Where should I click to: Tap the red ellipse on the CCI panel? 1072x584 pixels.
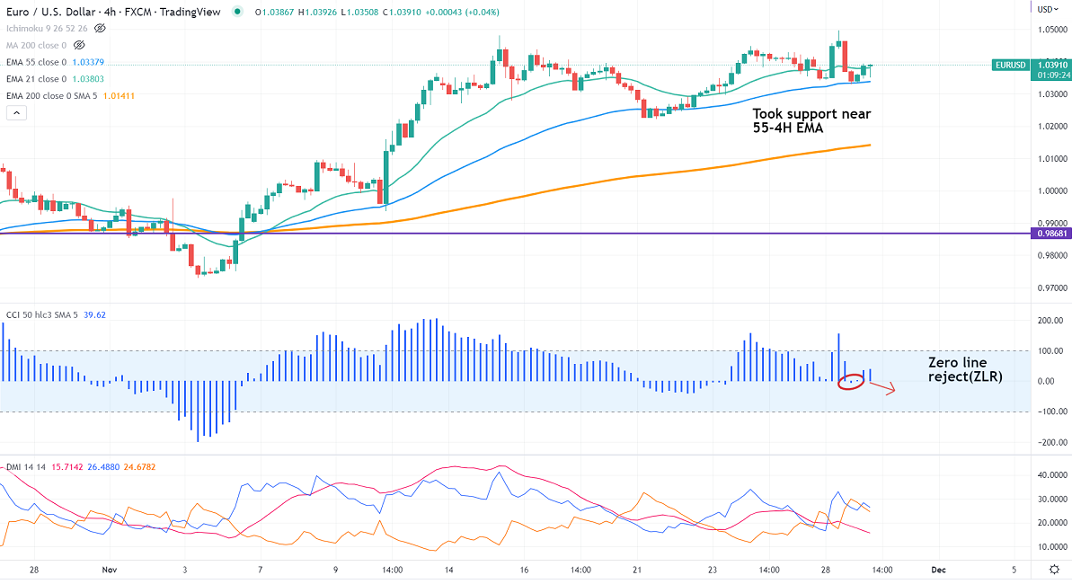point(850,381)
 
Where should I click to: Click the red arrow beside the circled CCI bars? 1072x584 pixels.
point(882,388)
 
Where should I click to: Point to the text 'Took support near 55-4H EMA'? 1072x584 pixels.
point(811,120)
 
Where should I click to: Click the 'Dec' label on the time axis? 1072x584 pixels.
point(938,570)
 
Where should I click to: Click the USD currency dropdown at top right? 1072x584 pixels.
point(1046,10)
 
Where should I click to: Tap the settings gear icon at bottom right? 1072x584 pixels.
point(1054,570)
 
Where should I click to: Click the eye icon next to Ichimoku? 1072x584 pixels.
point(100,29)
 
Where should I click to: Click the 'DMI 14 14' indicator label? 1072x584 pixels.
point(26,467)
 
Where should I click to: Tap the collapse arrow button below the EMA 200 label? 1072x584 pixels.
point(16,113)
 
